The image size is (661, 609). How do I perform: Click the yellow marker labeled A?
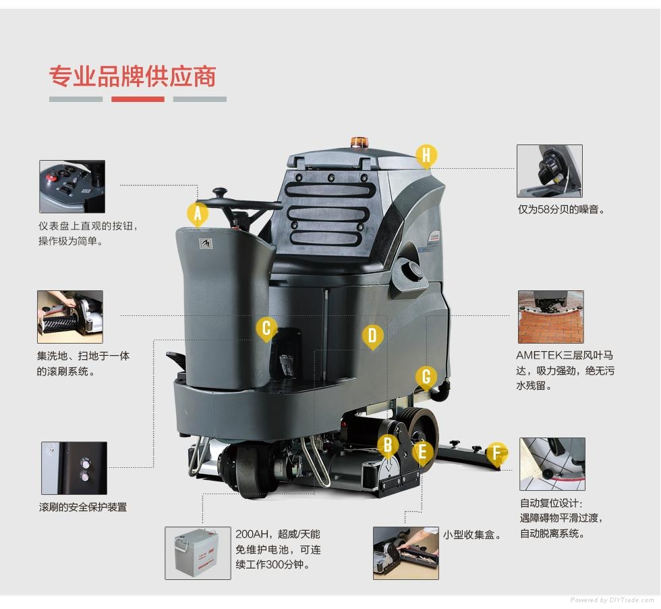point(198,215)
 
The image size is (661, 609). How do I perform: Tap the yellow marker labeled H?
point(426,156)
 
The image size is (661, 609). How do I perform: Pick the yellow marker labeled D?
point(372,337)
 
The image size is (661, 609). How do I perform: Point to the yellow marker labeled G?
point(426,377)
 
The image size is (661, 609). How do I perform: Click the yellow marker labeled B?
point(389,445)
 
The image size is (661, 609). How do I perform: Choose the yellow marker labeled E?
point(422,452)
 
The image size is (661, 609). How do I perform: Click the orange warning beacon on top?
point(359,142)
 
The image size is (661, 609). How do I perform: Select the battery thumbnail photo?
point(198,553)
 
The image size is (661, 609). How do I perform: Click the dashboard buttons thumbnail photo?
point(72,186)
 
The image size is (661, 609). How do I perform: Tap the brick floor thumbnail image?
point(550,317)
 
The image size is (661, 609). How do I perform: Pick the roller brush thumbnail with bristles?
point(70,317)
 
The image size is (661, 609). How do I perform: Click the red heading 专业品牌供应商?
point(133,76)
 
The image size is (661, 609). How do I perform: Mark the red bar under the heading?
point(138,99)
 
